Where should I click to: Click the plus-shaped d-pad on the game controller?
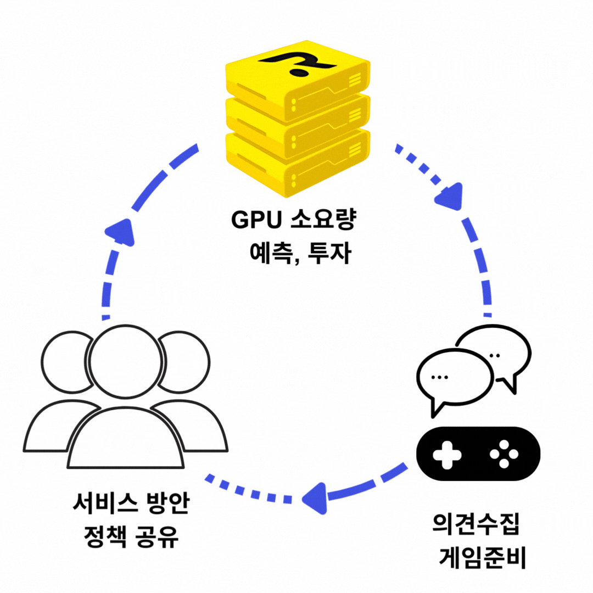446,455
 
